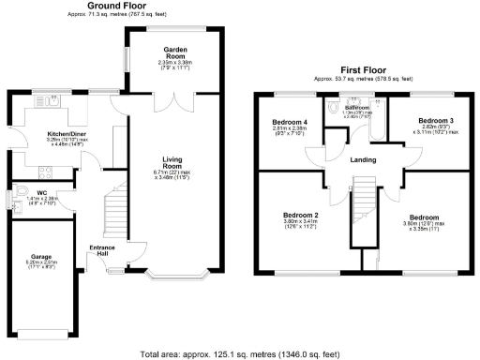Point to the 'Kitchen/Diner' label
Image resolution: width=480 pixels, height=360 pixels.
click(67, 134)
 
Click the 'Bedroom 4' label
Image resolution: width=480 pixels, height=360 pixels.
click(290, 123)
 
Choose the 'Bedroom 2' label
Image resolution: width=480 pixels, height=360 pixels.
click(301, 215)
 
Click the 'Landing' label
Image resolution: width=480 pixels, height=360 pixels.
click(363, 159)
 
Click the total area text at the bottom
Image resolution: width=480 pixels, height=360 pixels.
click(240, 353)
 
